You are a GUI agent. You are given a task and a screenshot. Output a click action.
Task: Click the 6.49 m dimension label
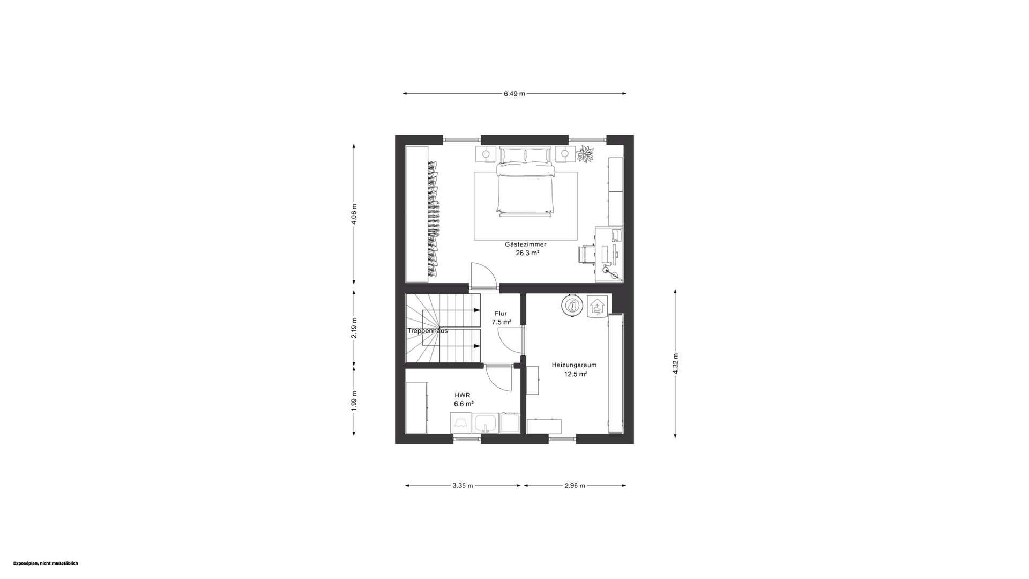click(514, 94)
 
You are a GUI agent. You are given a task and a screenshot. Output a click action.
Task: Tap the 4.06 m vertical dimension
click(354, 214)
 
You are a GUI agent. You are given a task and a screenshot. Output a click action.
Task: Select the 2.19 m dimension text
click(354, 328)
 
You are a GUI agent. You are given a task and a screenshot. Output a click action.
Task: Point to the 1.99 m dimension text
click(354, 400)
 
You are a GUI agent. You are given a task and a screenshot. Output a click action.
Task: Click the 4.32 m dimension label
click(675, 363)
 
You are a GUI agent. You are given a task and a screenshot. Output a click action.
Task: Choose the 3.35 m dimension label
click(463, 486)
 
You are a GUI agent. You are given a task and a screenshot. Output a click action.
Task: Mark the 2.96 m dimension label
click(575, 486)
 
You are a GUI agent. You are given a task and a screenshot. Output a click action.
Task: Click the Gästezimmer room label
click(525, 244)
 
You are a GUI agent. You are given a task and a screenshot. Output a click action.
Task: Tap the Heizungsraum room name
click(574, 365)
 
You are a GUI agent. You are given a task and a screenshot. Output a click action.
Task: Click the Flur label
click(501, 314)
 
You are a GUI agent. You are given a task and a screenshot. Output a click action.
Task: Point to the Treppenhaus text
click(427, 331)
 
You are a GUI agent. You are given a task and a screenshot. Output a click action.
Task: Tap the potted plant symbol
click(585, 154)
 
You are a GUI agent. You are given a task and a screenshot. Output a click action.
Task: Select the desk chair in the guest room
click(586, 254)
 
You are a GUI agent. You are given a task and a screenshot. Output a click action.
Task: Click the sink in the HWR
click(486, 424)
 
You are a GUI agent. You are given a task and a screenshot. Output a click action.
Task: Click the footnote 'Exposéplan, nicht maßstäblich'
click(46, 563)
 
